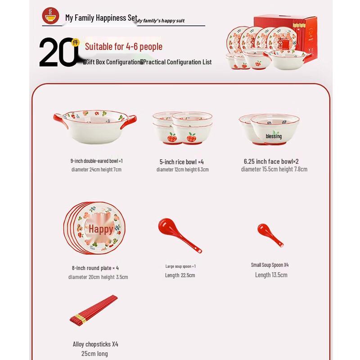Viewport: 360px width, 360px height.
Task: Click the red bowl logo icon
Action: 50,16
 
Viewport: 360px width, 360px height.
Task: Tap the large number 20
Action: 58,52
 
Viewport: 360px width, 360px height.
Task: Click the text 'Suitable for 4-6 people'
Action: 124,47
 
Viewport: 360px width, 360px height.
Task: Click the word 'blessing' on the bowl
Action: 274,136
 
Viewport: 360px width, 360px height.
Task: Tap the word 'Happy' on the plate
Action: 101,229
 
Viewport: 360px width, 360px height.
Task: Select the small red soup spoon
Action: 270,235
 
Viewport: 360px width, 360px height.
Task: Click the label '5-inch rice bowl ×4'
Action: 182,162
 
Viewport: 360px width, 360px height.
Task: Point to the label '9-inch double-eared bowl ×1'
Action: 96,161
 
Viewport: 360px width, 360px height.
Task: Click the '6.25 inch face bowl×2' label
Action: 271,161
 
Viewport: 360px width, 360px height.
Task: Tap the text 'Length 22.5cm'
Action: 180,275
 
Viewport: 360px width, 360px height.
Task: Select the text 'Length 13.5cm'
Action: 271,275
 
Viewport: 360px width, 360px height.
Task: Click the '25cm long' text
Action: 95,354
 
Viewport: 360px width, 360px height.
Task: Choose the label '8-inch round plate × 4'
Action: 95,268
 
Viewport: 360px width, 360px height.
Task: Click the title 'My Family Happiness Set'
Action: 101,18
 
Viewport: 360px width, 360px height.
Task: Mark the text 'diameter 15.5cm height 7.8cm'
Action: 274,169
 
